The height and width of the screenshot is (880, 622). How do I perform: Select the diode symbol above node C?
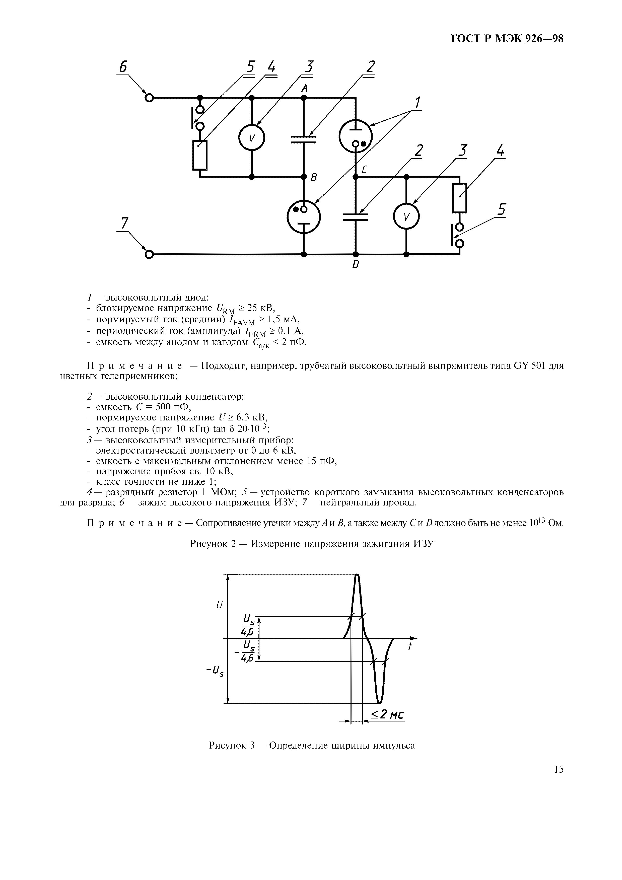pos(355,136)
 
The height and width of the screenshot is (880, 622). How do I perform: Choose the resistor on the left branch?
pos(200,155)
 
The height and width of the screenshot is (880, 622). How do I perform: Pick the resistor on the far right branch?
pos(459,198)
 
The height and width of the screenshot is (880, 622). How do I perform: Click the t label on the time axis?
pos(410,646)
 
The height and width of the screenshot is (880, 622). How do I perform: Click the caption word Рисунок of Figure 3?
pos(229,746)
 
